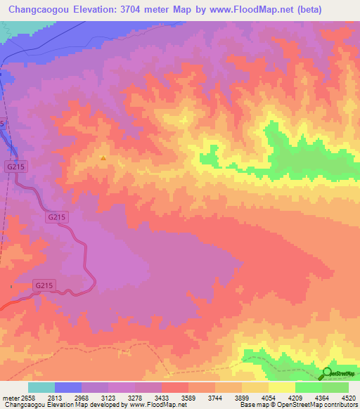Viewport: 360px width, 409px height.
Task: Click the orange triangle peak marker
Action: (x=103, y=158)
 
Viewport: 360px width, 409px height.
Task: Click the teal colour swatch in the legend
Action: (x=41, y=387)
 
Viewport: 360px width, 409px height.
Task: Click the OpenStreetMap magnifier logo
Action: (x=327, y=373)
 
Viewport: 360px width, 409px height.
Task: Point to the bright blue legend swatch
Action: (x=67, y=387)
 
